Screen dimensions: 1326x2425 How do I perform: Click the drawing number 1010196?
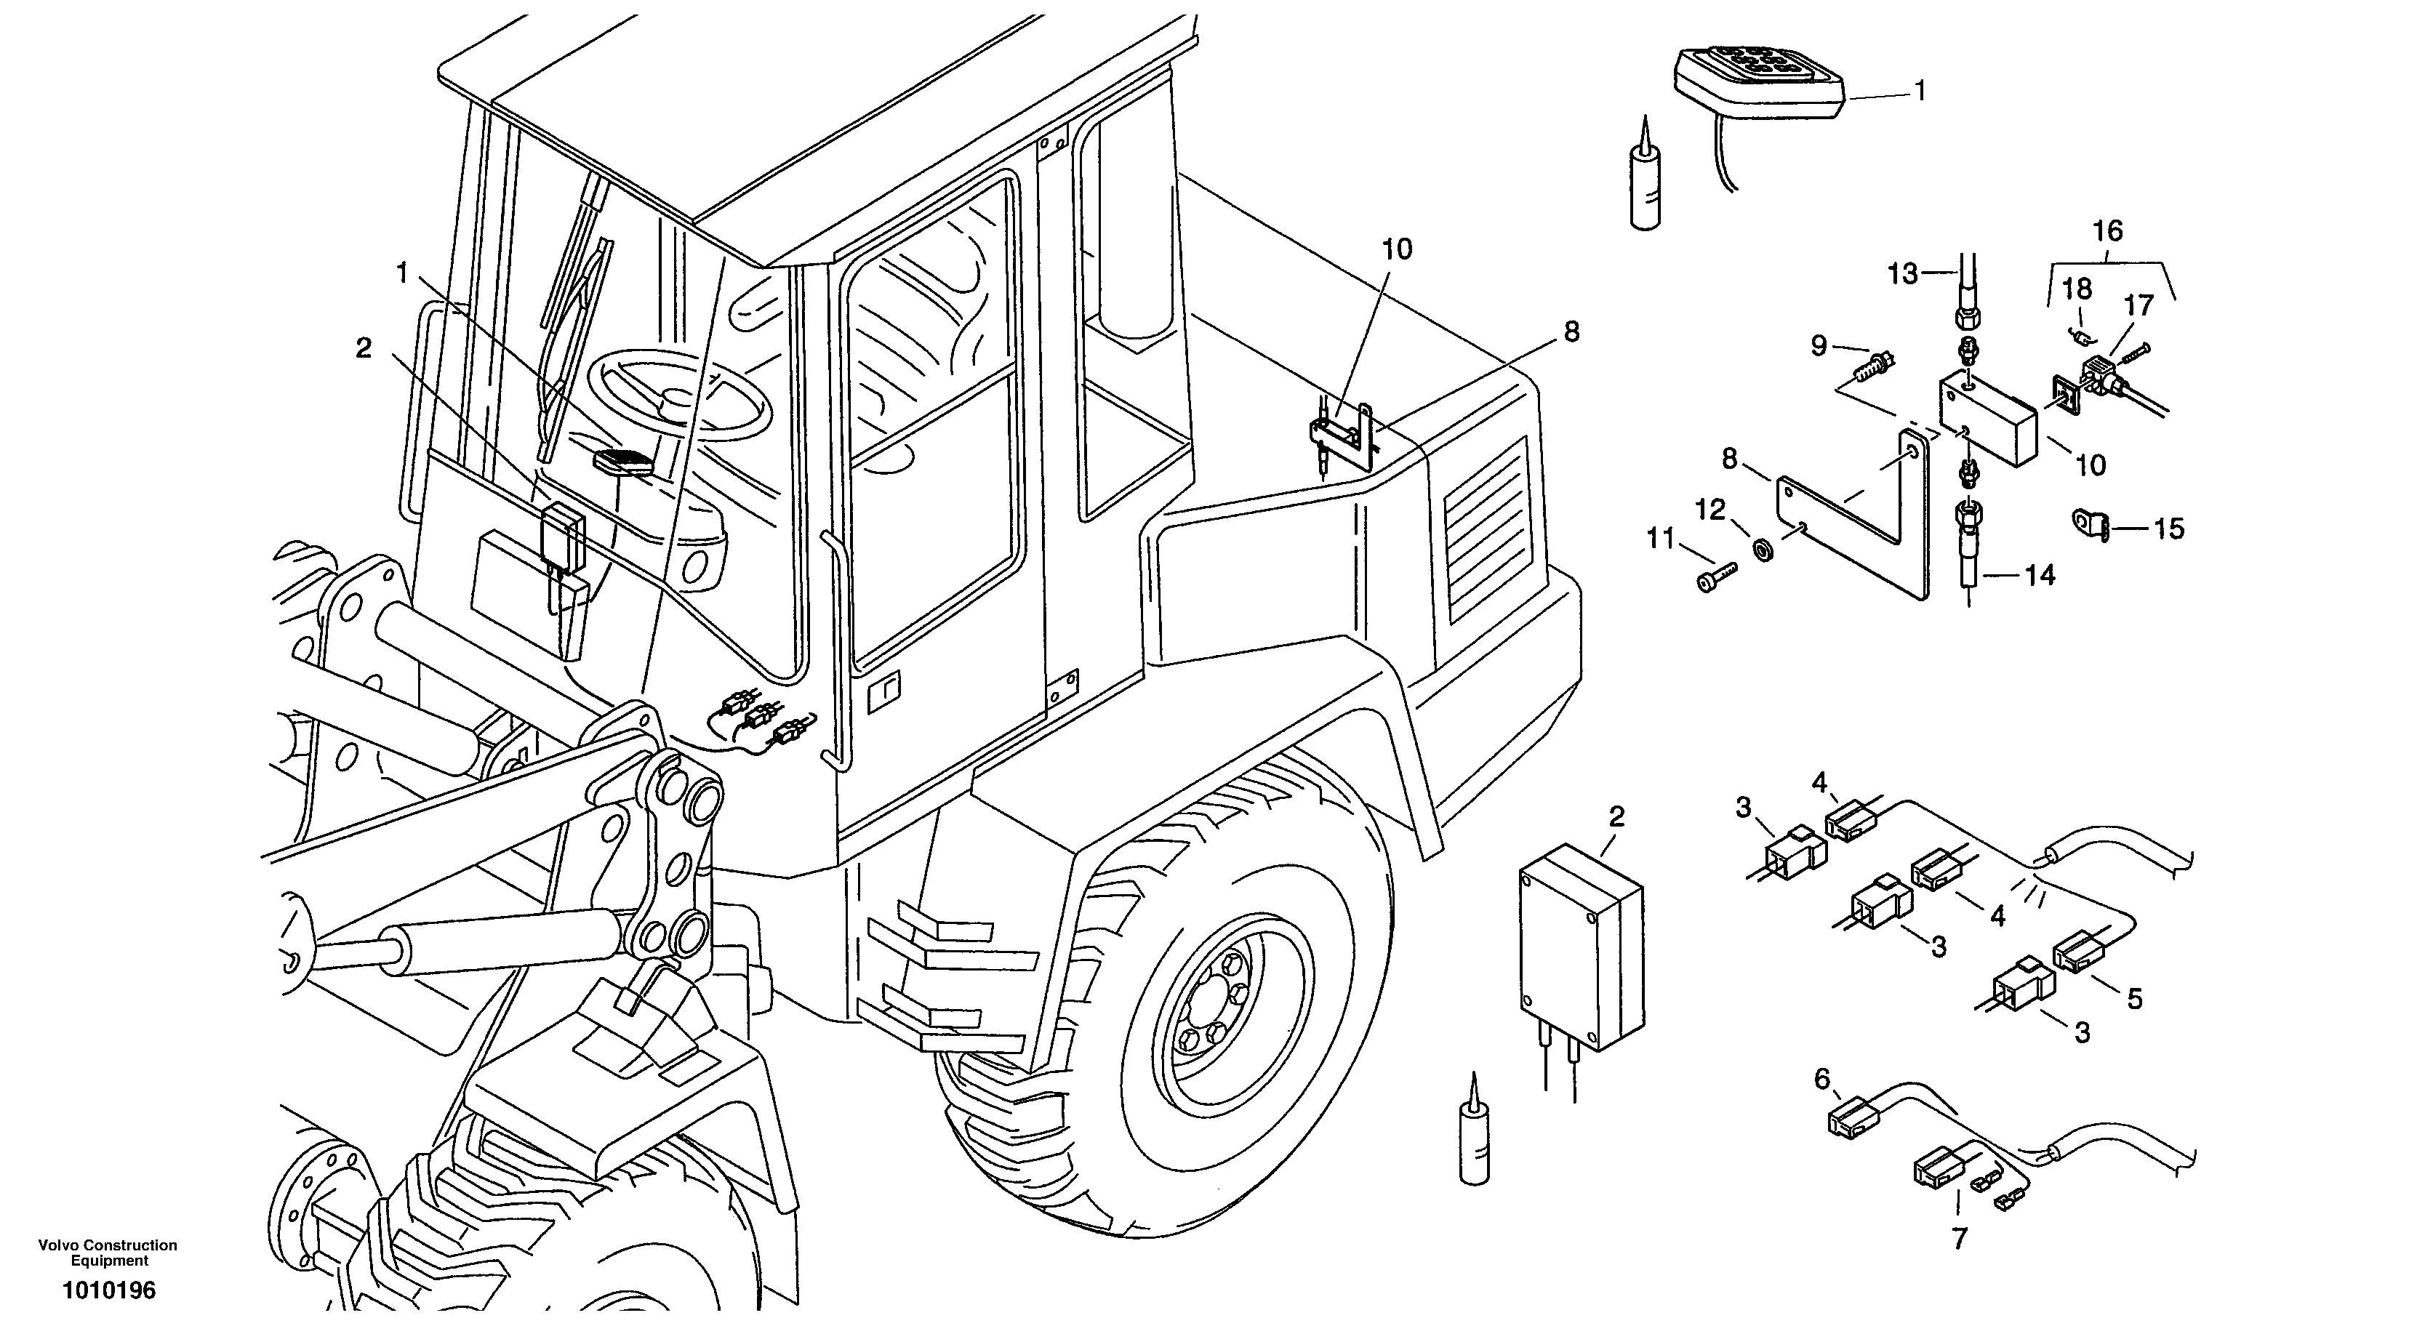click(x=109, y=1290)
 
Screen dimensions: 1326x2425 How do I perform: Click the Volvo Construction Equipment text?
click(x=108, y=1253)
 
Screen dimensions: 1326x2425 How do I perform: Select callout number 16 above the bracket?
click(x=2108, y=230)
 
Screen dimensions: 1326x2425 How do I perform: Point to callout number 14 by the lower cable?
click(x=2040, y=575)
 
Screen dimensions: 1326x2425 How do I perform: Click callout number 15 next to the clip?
click(x=2168, y=529)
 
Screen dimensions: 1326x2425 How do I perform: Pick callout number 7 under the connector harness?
click(x=1959, y=1239)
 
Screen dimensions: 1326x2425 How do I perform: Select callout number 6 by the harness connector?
click(x=1821, y=1080)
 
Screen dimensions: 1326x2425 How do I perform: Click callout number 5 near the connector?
click(x=2134, y=999)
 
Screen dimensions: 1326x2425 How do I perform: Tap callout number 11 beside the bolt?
click(x=1659, y=539)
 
